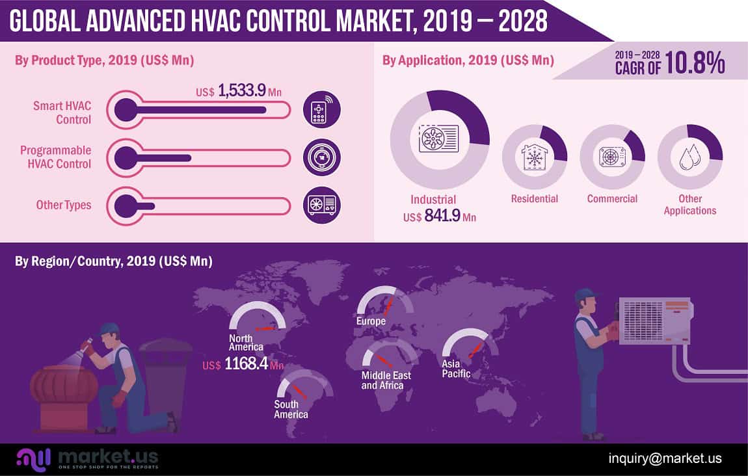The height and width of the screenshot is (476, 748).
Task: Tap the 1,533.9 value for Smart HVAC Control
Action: pos(242,90)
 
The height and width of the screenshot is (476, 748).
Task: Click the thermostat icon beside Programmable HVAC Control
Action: pos(321,158)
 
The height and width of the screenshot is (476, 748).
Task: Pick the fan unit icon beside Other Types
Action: pos(321,205)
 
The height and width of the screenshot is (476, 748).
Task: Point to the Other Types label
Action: pos(64,205)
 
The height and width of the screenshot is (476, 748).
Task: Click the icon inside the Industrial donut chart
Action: pos(439,138)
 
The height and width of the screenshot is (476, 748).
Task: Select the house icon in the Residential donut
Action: pos(535,157)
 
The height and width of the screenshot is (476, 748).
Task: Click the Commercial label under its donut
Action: pos(612,198)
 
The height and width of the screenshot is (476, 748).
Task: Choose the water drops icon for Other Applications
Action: pos(689,157)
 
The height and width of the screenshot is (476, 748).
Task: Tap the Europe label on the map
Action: pos(371,321)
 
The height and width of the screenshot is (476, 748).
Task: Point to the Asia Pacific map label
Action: pos(456,368)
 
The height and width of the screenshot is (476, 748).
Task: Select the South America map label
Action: pos(291,409)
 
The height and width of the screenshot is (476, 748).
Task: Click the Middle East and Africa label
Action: pos(382,380)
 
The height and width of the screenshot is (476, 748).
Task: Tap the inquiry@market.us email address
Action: pos(665,458)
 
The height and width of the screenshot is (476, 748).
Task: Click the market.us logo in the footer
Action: pos(88,458)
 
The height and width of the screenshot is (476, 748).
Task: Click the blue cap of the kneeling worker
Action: pos(108,328)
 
